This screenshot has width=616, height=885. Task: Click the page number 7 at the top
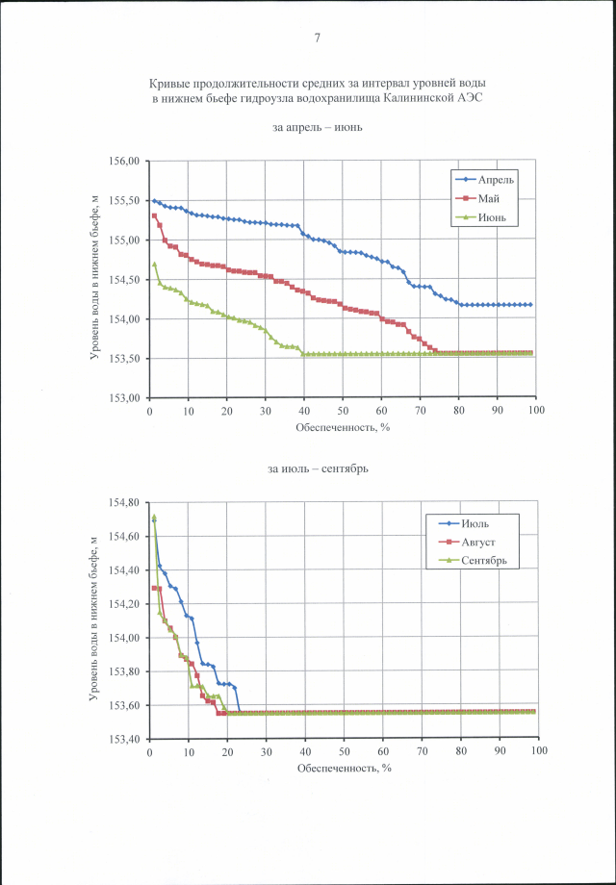[317, 38]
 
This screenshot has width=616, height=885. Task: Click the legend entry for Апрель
[500, 180]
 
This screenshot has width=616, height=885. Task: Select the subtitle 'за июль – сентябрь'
[318, 469]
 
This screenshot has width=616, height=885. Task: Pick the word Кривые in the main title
[168, 85]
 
